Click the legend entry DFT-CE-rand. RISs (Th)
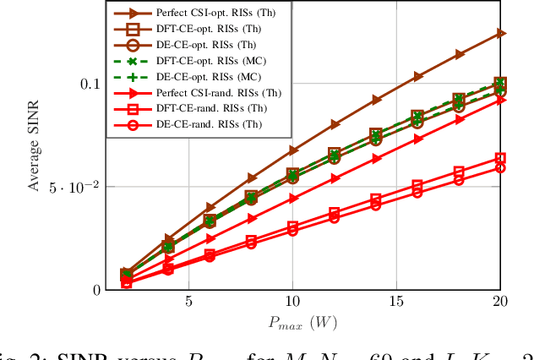tap(206, 109)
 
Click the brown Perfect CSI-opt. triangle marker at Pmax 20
tap(501, 33)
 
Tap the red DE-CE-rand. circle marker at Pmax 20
tap(501, 167)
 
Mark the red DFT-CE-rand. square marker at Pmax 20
tap(501, 158)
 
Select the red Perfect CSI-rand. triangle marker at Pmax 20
tap(501, 99)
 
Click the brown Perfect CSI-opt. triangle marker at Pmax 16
tap(418, 76)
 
